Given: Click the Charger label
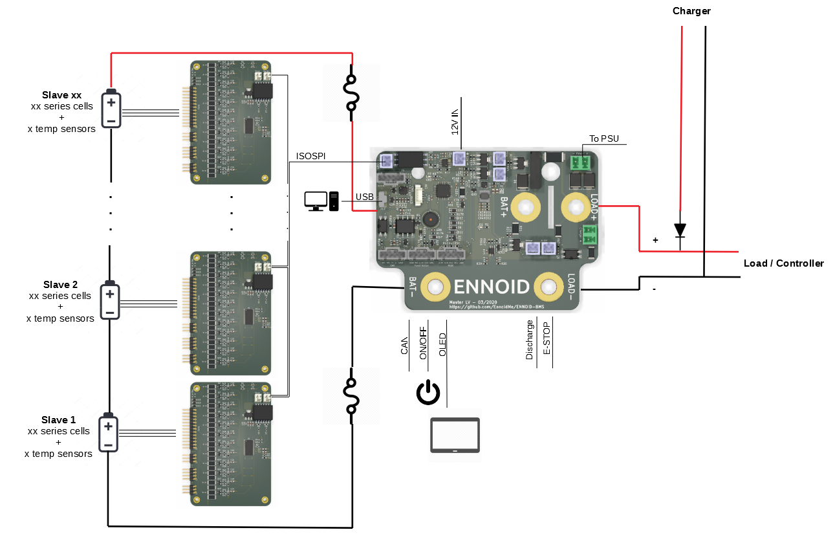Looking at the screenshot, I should (691, 11).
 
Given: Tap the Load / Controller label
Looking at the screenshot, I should (783, 263).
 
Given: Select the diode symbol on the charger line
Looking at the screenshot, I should (680, 230).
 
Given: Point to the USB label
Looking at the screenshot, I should (365, 197).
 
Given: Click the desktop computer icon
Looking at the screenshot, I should (321, 201).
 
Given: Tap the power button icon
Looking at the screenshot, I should (428, 393).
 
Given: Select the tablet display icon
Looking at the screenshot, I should (455, 435).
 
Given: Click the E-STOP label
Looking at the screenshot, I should (547, 338).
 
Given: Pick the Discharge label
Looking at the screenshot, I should (530, 340).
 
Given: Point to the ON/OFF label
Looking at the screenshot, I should (423, 343).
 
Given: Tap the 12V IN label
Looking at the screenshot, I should (455, 120).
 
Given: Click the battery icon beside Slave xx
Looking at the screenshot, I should (111, 109).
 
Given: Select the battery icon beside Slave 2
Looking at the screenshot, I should (110, 301).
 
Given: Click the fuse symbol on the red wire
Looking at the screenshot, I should (352, 93).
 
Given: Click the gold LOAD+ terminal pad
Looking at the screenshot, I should (574, 207).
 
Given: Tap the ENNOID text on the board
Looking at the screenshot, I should (492, 287).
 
